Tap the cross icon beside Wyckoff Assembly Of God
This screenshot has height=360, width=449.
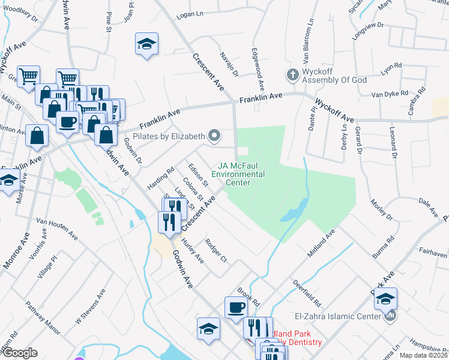[292, 75]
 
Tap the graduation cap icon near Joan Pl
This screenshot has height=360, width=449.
[146, 44]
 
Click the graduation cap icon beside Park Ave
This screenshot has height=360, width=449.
[385, 298]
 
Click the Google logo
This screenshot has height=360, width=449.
[19, 353]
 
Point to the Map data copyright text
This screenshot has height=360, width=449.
[424, 355]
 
